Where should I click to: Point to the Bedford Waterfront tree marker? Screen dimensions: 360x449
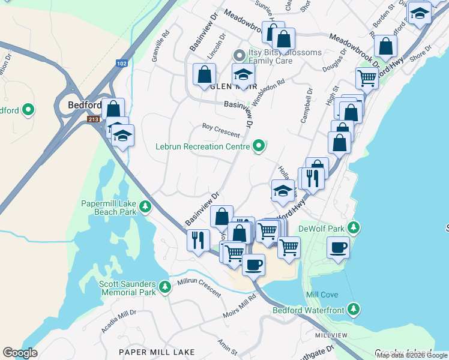[x=354, y=310]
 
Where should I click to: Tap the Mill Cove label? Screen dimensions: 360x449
[x=322, y=295]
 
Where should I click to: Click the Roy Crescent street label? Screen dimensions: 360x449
[x=221, y=130]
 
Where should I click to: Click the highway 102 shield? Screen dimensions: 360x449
[x=122, y=63]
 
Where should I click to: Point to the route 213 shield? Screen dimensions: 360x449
[x=93, y=119]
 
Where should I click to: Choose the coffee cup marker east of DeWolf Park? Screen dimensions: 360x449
[x=339, y=247]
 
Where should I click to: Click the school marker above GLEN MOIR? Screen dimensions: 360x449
[x=243, y=74]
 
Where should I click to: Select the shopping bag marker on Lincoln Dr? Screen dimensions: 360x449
[x=204, y=74]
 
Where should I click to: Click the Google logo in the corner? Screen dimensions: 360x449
[x=20, y=353]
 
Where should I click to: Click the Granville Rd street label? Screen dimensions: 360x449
[x=158, y=51]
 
